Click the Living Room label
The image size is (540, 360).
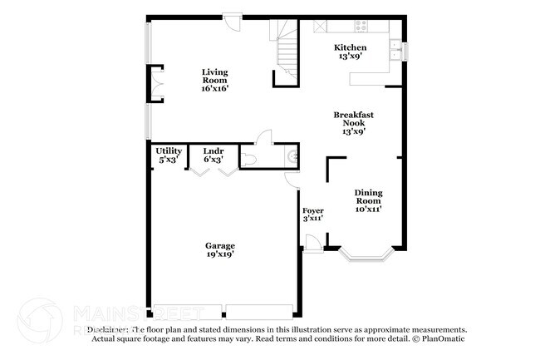(214, 79)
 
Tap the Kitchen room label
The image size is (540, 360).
(350, 52)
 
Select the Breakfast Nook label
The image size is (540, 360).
(350, 122)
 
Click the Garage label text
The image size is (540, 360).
(220, 249)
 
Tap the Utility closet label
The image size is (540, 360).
(169, 155)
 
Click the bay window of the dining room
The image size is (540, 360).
(366, 254)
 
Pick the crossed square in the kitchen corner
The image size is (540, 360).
(320, 27)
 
